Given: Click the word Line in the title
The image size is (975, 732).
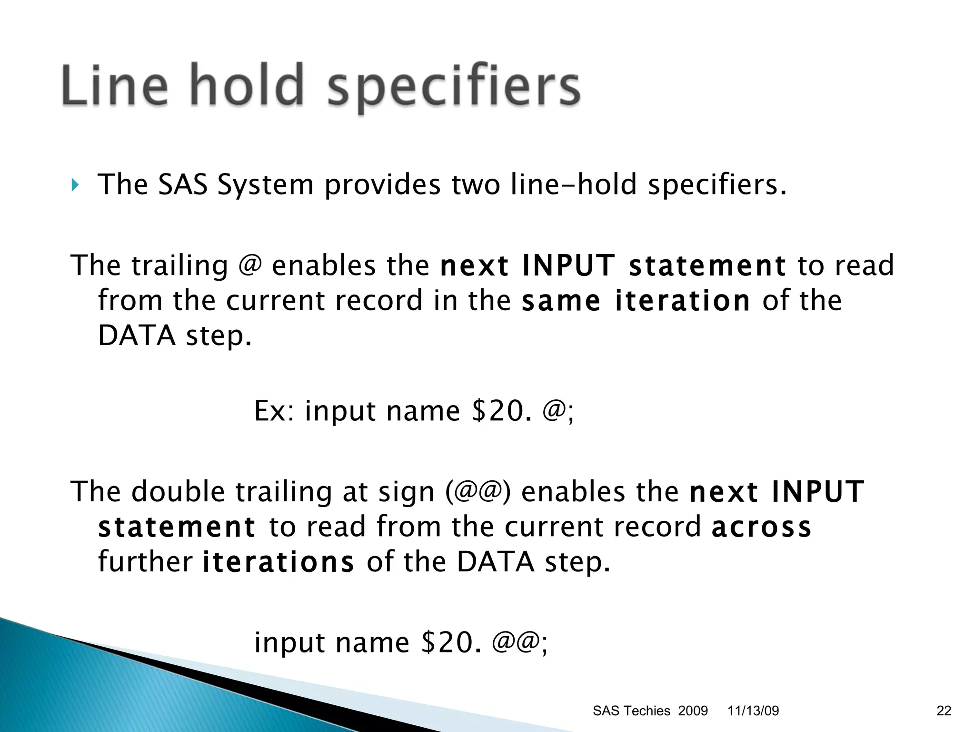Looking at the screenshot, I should [x=114, y=86].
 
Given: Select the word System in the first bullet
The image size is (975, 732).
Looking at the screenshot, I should [x=265, y=185].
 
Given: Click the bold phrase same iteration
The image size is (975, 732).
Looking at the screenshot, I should [x=636, y=301].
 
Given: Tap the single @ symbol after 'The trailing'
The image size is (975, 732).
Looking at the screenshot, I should [x=250, y=265].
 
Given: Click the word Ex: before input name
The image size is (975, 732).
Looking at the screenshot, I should [x=276, y=410].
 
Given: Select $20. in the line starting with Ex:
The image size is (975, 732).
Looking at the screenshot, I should [x=501, y=410].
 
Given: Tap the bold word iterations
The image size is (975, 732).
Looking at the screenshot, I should [x=279, y=562].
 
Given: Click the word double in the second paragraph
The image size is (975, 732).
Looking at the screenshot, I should [x=178, y=491].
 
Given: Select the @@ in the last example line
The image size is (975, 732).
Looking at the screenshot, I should [x=515, y=642].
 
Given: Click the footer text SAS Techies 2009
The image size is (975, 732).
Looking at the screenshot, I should [x=650, y=711].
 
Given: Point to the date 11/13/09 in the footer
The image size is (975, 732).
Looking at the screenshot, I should [x=753, y=711].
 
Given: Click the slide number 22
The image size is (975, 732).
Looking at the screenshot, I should [x=944, y=711].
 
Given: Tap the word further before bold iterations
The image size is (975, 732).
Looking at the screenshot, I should [x=145, y=562].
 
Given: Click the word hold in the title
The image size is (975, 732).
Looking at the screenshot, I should [x=247, y=86].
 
